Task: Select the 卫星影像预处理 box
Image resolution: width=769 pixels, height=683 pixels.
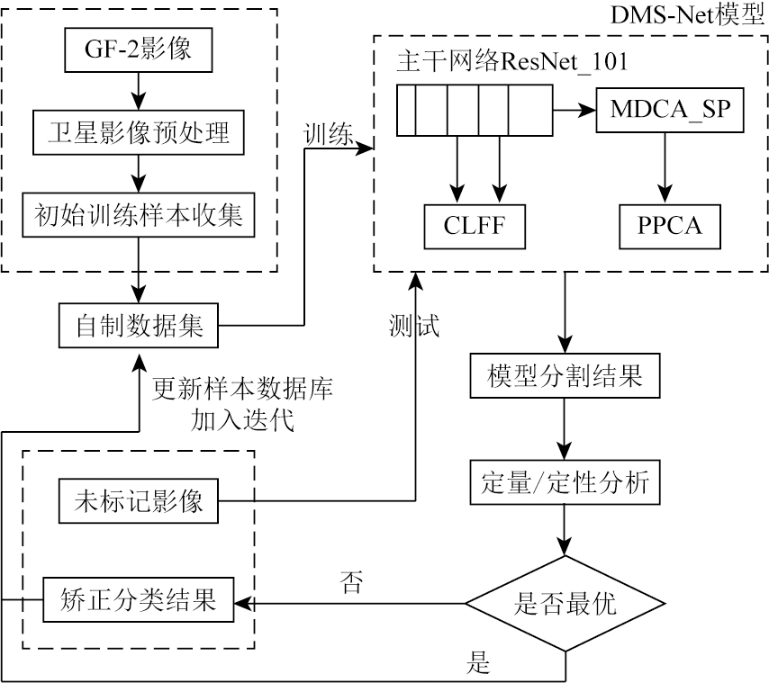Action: click(x=139, y=133)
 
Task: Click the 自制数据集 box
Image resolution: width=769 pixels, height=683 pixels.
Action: click(x=139, y=326)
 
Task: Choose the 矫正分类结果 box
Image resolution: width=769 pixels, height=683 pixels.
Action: click(x=139, y=599)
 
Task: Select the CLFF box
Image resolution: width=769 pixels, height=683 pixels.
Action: click(x=476, y=226)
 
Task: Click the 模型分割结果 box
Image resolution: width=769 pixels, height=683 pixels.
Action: click(x=564, y=375)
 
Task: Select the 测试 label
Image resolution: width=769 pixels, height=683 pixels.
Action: click(x=414, y=326)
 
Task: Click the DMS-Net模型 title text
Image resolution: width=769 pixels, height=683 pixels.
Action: click(x=697, y=15)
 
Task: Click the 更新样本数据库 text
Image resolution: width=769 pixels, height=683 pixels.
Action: click(x=241, y=391)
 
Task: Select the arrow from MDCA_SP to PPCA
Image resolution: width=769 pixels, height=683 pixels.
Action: click(x=665, y=166)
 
